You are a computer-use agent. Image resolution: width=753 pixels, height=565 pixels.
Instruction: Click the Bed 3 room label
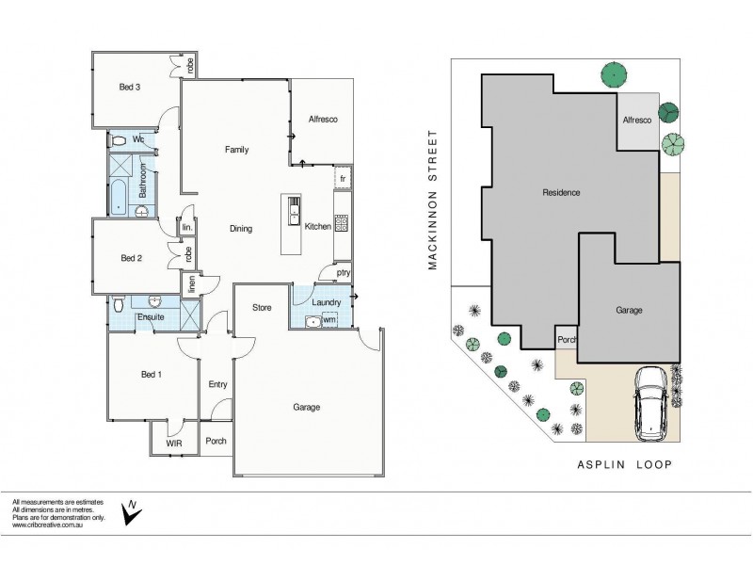(130, 88)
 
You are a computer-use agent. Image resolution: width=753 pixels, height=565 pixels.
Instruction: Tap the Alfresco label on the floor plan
(323, 120)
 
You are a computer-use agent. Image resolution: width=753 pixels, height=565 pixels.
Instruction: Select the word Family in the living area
(236, 150)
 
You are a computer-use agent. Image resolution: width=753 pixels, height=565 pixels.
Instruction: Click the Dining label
(240, 229)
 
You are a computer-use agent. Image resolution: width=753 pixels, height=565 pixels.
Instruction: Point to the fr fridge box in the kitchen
(344, 178)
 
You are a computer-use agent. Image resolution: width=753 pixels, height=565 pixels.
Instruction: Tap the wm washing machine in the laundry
(328, 320)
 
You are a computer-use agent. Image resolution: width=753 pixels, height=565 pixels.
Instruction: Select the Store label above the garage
(262, 308)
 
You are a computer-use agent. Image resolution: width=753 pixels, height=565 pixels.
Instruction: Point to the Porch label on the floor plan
(216, 441)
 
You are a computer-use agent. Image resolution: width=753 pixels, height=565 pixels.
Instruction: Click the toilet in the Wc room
(117, 140)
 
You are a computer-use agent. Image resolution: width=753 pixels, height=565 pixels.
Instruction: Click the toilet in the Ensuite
(118, 305)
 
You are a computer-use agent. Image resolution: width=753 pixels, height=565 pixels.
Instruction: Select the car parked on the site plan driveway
(651, 402)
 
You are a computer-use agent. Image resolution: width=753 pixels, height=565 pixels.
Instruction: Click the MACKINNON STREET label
(434, 200)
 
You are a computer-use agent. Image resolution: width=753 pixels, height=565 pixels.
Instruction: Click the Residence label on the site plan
(561, 192)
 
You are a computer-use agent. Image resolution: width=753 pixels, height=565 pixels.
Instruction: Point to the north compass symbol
(135, 509)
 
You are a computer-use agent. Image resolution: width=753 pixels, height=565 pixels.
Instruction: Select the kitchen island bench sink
(294, 202)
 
